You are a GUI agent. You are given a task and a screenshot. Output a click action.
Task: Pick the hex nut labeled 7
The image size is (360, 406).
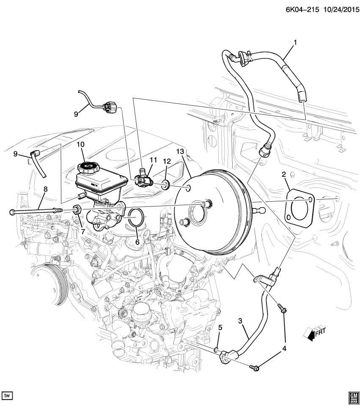77,209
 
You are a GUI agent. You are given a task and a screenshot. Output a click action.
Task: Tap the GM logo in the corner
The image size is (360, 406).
352,395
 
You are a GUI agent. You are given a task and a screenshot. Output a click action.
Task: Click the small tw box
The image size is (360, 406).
7,395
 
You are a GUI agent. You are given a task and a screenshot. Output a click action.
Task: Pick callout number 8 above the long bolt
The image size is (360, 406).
46,189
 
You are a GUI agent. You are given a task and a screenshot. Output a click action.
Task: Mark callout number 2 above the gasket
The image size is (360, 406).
283,174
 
